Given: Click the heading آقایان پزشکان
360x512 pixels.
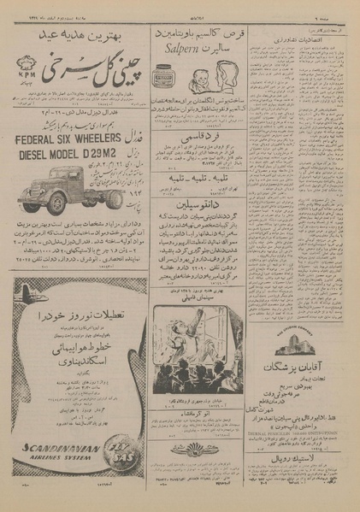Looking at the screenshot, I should (x=298, y=370).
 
